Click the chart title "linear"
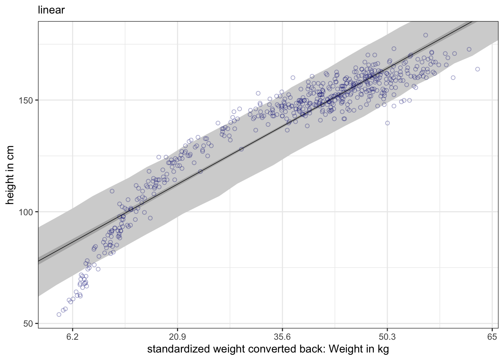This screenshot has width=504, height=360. click(51, 10)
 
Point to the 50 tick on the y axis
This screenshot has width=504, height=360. click(28, 323)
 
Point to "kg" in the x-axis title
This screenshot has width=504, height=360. click(382, 349)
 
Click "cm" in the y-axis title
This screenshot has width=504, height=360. click(10, 153)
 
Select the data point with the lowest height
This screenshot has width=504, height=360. click(59, 314)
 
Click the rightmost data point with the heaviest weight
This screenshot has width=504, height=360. click(477, 69)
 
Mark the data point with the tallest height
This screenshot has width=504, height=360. click(426, 35)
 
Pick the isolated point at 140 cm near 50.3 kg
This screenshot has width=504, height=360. click(387, 123)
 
